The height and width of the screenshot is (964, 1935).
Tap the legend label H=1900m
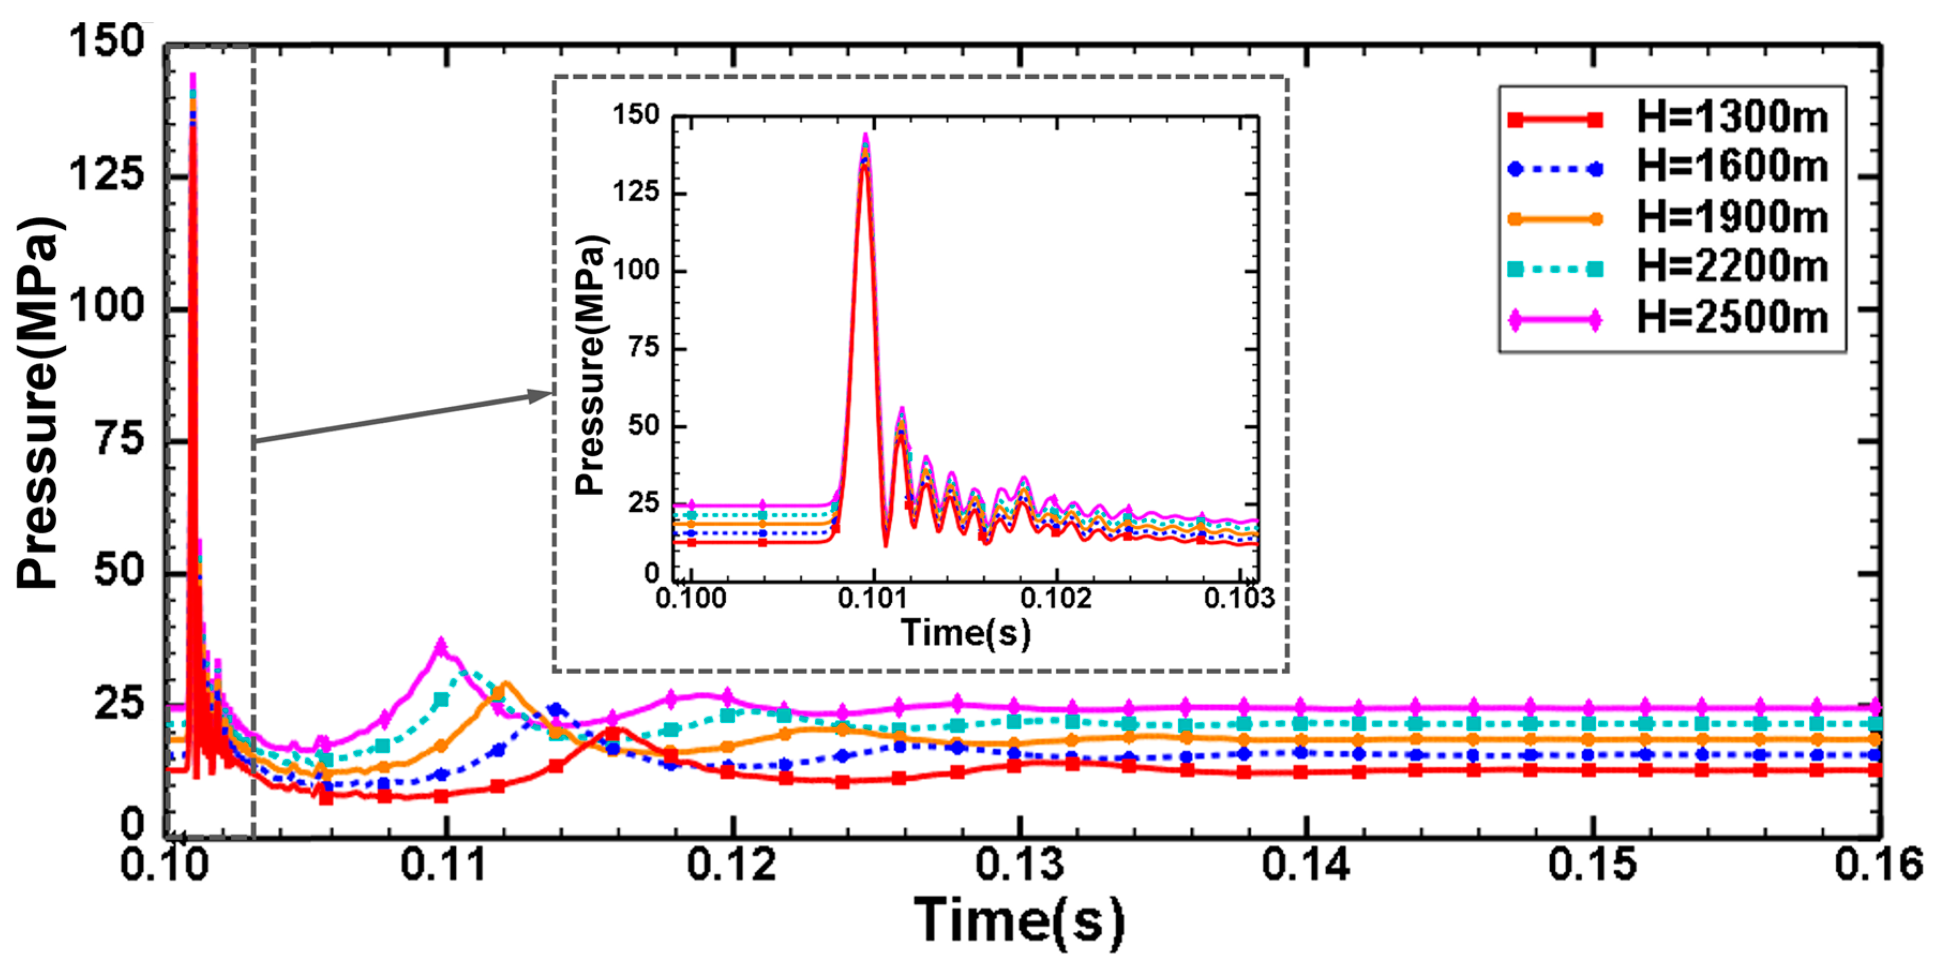click(x=1731, y=218)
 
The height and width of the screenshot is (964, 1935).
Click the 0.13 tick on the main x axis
click(x=1019, y=864)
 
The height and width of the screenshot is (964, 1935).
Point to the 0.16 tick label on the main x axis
click(x=1878, y=864)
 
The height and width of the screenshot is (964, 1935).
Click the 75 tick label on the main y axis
click(x=119, y=439)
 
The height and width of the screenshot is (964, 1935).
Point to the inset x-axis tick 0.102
click(x=1056, y=598)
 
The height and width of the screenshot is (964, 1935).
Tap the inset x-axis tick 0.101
click(x=873, y=598)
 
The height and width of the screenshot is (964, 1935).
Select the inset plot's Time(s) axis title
click(x=965, y=633)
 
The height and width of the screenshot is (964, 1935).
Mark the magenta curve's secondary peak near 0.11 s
click(x=441, y=645)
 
